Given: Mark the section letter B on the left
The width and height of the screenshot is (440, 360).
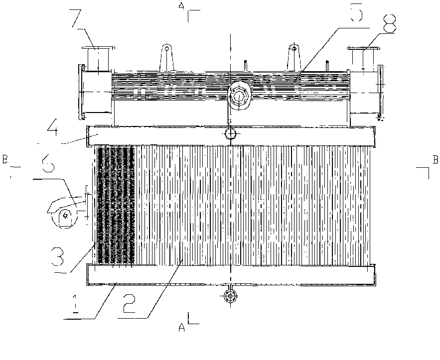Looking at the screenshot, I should [x=5, y=160].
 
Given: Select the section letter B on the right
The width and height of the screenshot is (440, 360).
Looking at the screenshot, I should [x=435, y=160].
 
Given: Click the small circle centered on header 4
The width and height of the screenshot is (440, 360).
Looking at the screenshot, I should [x=230, y=133].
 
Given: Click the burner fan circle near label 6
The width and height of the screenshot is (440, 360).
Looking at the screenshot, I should [x=65, y=215].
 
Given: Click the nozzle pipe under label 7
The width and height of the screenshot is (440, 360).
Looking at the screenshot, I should [x=98, y=59].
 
